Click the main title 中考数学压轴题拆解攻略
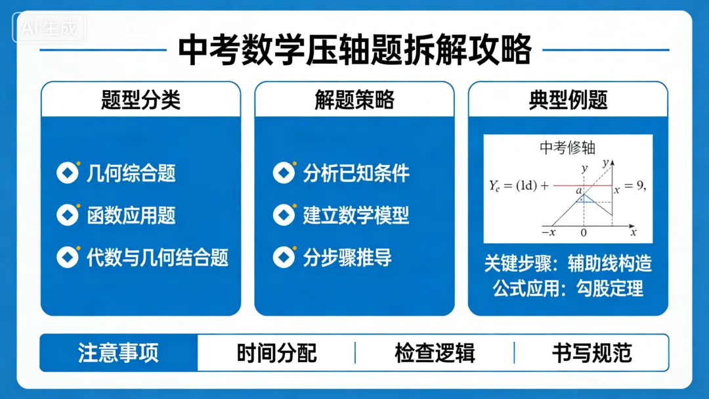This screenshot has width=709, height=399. (x=354, y=50)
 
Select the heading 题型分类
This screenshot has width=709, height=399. (x=140, y=100)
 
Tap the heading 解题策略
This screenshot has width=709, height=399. (x=354, y=100)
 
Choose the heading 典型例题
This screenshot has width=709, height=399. (x=568, y=100)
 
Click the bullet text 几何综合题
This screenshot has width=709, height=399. (x=131, y=174)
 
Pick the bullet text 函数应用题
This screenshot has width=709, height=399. (x=131, y=215)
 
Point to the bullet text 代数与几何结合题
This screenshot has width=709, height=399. (x=158, y=256)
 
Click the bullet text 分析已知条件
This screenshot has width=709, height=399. (x=356, y=174)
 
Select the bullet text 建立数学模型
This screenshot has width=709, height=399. (x=356, y=215)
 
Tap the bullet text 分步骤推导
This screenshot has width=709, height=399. (x=347, y=256)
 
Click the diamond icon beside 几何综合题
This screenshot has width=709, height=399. (x=68, y=173)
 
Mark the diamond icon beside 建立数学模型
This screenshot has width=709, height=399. (x=284, y=214)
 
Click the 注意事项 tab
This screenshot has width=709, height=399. (x=119, y=353)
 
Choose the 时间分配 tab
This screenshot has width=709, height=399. (x=276, y=353)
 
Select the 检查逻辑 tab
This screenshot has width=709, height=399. (x=435, y=353)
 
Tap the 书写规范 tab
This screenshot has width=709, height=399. (x=591, y=353)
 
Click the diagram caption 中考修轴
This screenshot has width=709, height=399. (x=567, y=148)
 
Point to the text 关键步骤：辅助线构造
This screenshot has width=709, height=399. (x=568, y=263)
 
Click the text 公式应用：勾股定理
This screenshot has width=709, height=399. (x=568, y=288)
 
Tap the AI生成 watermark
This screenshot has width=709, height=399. (x=49, y=28)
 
